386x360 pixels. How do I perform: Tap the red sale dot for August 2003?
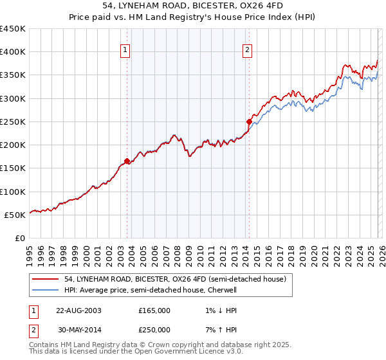point(127,161)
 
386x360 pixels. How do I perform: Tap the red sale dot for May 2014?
point(249,121)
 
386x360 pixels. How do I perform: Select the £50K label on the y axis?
point(15,215)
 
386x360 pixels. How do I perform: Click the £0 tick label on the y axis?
point(20,238)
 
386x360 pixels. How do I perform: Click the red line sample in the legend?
point(46,278)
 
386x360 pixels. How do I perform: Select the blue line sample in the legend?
point(46,290)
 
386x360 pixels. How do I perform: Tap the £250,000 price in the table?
point(154,330)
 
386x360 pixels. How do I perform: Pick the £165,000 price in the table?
point(154,310)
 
